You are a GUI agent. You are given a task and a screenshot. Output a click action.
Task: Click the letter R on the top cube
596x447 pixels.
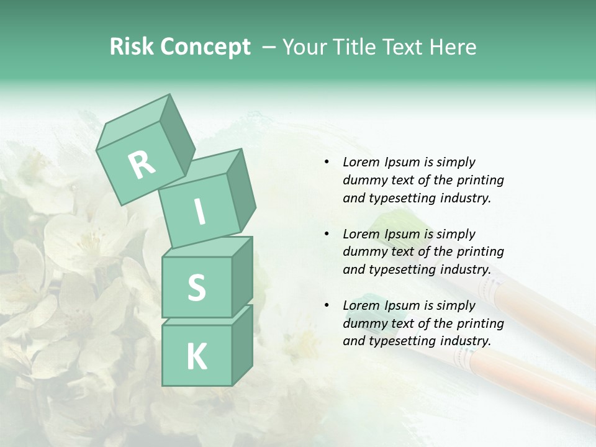pos(142,165)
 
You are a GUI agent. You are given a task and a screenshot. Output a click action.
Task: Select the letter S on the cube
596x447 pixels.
pos(196,287)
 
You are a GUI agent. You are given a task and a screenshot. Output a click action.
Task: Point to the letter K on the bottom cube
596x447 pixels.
pos(196,357)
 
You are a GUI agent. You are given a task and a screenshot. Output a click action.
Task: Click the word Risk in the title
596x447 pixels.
pos(131,47)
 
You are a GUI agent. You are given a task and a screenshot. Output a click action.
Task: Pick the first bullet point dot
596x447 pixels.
pos(327,162)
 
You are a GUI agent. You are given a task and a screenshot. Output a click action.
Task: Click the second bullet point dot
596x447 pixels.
pos(327,234)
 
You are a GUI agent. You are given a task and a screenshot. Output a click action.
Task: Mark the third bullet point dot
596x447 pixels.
pos(327,305)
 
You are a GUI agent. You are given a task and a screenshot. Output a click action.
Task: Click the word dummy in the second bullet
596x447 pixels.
pos(362,252)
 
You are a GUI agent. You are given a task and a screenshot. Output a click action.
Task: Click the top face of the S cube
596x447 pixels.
pos(208,246)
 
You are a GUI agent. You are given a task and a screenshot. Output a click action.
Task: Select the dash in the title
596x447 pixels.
pos(270,47)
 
